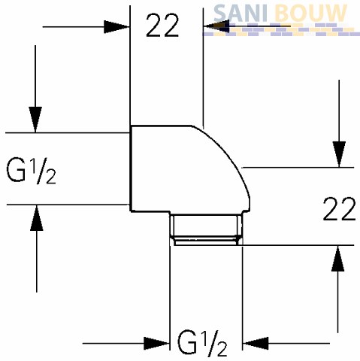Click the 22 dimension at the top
point(162,26)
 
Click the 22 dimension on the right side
point(339,209)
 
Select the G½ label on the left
point(31,171)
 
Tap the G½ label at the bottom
point(202,343)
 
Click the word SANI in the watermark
point(241,13)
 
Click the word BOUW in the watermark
point(311,13)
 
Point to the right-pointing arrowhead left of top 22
point(116,26)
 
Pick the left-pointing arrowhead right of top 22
point(216,26)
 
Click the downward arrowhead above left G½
point(35,120)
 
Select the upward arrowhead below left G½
point(37,218)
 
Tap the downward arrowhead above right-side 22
point(339,154)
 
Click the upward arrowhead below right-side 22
point(338,258)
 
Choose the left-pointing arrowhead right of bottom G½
point(256,343)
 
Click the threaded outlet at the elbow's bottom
point(207,229)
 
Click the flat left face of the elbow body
point(131,168)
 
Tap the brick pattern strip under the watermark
point(281,29)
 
